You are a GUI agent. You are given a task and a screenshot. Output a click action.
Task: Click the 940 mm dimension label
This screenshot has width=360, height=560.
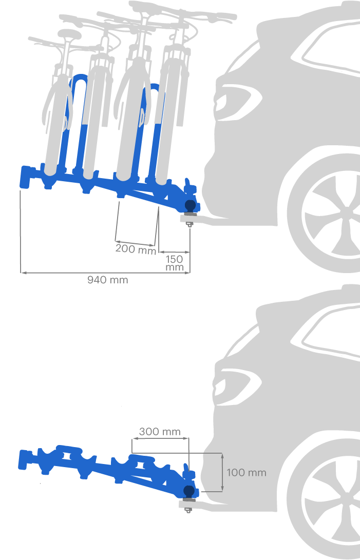pos(108,280)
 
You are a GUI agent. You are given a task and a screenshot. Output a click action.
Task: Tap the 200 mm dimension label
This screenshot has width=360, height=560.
pos(136,249)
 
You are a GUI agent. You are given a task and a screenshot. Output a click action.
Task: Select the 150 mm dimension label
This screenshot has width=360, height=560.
pos(175,263)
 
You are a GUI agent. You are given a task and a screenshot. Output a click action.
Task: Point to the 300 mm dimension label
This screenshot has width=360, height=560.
pos(160,432)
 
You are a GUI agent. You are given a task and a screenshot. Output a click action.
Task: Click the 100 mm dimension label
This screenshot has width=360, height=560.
pos(247,473)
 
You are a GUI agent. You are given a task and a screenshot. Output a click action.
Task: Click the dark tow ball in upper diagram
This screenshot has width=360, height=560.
pos(190,205)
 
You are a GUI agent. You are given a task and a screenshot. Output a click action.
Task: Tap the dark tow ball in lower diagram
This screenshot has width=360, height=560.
pos(189,491)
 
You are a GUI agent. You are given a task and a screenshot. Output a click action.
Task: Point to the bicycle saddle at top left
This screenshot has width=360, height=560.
pos(70,34)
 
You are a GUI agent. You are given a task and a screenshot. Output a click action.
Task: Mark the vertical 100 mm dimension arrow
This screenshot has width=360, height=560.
pos(222,473)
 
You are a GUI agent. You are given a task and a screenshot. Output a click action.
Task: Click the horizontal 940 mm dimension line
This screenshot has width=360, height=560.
pos(105,273)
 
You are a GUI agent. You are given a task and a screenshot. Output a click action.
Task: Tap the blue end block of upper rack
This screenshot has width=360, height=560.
pos(27,177)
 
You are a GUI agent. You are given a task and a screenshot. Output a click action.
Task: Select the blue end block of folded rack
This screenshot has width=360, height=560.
pos(25,459)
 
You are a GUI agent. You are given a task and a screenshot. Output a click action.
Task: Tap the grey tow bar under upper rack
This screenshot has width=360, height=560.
pos(202,219)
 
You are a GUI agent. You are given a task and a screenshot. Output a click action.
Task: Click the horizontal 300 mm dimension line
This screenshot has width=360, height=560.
pos(160,438)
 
